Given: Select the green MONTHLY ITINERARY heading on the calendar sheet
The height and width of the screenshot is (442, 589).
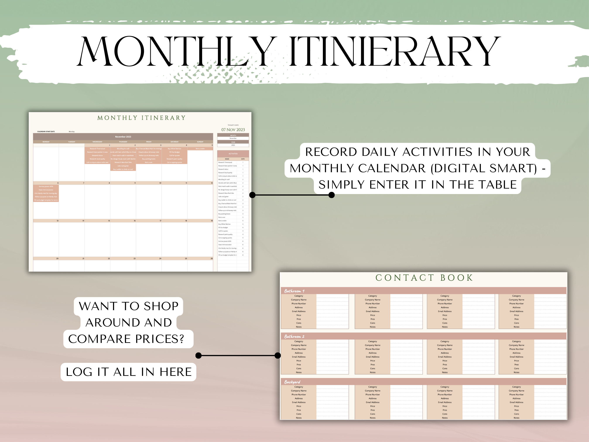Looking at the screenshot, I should [141, 118].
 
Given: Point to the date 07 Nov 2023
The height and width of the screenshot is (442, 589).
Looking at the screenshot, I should [233, 130].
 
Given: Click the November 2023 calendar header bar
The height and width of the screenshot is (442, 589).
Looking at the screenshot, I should [123, 137].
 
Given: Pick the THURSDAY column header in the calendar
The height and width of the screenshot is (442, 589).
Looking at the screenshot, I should [123, 142].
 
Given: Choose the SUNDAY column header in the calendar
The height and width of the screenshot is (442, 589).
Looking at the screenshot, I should [200, 142].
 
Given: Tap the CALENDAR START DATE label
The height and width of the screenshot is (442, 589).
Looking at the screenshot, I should [46, 131].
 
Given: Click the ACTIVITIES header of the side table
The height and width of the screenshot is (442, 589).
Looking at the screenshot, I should [233, 154].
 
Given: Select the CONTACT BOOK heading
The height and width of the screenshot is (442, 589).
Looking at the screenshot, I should [424, 278].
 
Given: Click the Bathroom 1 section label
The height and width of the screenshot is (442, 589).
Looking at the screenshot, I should [294, 291].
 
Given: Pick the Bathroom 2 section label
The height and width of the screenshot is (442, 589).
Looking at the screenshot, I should [294, 337].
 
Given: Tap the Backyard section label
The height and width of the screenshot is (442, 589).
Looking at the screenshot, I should [292, 382].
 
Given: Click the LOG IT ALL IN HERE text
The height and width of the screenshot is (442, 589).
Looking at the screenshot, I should [129, 372].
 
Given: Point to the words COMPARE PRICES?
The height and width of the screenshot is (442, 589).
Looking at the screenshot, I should [126, 339].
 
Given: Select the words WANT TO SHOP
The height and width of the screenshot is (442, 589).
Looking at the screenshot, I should [129, 306].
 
